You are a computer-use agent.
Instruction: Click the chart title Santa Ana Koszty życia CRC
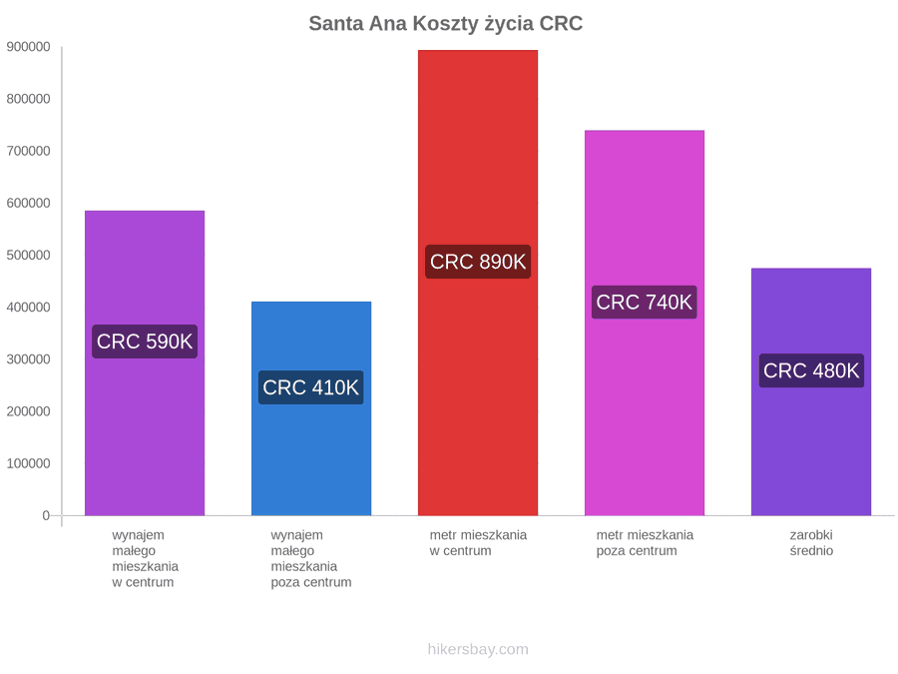(446, 24)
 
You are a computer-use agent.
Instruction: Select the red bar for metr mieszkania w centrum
(478, 283)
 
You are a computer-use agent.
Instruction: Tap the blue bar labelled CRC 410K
(311, 408)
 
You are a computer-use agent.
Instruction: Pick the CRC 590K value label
(145, 341)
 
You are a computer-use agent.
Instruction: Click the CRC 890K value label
(478, 262)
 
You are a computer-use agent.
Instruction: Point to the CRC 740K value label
(645, 302)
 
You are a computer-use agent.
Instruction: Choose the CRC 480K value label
(811, 370)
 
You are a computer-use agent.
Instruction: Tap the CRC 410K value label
(311, 387)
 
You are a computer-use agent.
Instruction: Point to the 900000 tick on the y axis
(29, 47)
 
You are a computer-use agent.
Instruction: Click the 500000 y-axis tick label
(29, 255)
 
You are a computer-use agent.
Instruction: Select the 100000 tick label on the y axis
(29, 463)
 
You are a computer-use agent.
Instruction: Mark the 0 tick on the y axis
(46, 516)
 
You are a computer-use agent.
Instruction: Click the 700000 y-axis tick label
(29, 152)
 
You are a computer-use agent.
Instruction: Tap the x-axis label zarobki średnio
(811, 543)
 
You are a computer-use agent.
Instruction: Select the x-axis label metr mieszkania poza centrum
(645, 543)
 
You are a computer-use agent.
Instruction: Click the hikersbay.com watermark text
(478, 649)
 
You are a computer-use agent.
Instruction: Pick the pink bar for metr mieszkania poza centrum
(645, 324)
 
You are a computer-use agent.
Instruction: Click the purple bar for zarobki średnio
(811, 392)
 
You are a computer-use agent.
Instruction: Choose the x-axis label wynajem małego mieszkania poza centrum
(311, 559)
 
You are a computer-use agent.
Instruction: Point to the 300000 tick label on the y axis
(29, 359)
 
